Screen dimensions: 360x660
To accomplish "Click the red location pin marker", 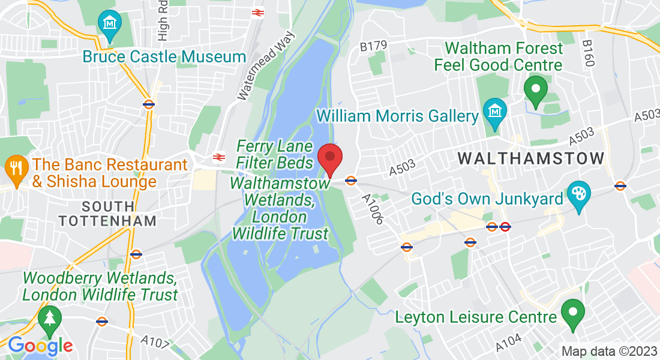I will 329,158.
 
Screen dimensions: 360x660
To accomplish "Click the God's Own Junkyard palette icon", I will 579,196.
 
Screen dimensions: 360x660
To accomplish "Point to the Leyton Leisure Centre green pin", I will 572,313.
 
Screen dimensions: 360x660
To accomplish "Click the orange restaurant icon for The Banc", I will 15,165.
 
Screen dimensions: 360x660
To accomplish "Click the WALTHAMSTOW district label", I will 531,158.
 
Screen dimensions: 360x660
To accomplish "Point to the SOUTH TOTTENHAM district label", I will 108,213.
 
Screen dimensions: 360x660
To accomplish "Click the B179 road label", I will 374,45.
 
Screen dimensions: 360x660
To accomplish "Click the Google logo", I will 40,346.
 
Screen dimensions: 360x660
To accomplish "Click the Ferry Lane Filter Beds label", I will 274,154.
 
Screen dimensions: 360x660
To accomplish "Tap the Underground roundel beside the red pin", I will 351,180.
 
